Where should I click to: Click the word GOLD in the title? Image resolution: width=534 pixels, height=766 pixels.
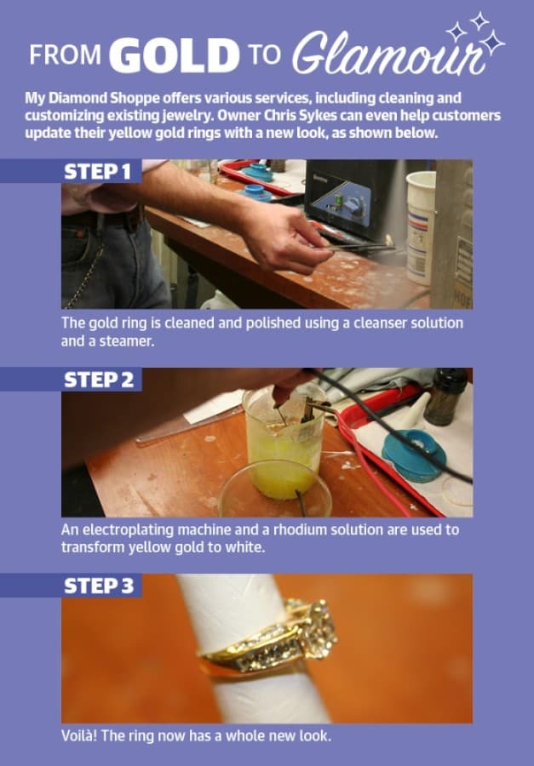174,54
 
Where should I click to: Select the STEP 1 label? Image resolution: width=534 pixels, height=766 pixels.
98,171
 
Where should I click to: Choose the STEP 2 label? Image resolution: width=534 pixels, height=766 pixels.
99,380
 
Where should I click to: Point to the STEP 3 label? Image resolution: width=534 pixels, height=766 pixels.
99,586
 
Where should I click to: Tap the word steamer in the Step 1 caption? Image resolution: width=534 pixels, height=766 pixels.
127,341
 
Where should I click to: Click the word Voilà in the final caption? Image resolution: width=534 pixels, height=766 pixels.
78,735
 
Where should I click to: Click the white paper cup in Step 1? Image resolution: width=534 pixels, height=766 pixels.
421,227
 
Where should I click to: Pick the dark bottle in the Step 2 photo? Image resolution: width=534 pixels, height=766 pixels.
445,396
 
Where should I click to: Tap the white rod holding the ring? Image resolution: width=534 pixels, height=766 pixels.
255,649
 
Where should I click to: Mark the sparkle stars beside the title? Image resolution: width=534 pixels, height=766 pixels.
475,33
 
